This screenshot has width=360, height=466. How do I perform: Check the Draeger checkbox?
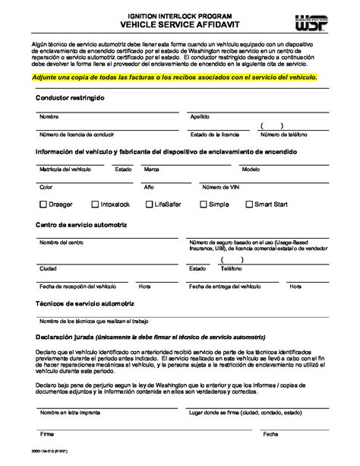tap(43, 204)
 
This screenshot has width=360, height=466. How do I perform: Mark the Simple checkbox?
tap(203, 204)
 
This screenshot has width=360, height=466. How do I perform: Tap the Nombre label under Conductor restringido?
tap(49, 117)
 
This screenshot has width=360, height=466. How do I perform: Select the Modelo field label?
tap(251, 169)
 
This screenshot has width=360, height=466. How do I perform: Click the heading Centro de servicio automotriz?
tap(81, 225)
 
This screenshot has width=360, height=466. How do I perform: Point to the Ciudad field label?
tap(48, 268)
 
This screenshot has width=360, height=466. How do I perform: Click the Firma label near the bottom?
tap(46, 436)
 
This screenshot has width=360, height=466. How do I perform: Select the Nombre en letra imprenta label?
tap(68, 414)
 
